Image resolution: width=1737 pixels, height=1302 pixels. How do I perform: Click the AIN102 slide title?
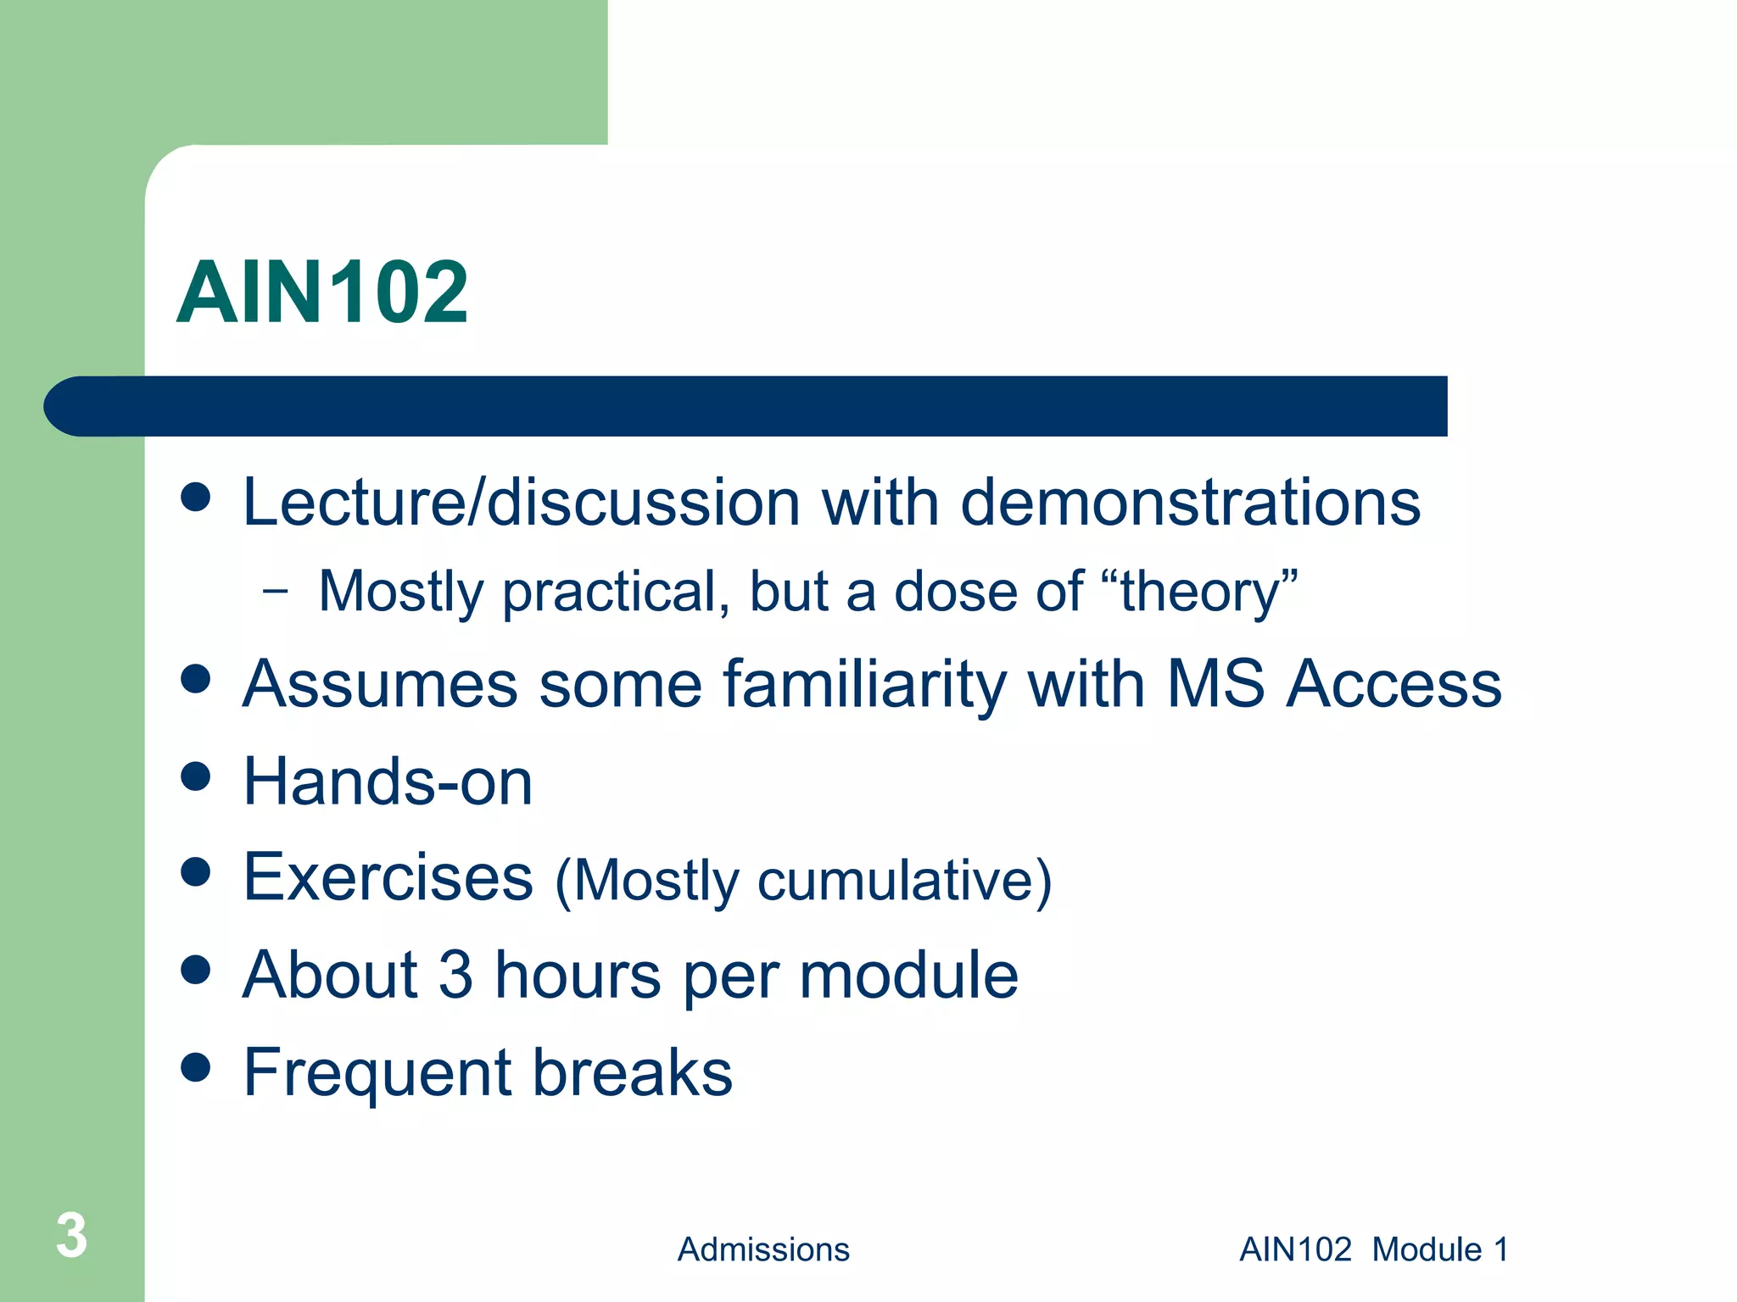(x=322, y=292)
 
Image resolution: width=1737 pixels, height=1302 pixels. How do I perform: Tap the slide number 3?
(x=71, y=1236)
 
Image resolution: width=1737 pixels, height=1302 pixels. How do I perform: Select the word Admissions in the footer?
(x=763, y=1249)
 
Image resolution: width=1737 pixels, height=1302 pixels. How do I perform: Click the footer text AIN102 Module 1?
(x=1374, y=1249)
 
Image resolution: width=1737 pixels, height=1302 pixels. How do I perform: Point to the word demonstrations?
(x=1190, y=502)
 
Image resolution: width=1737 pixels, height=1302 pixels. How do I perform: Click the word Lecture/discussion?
(x=521, y=502)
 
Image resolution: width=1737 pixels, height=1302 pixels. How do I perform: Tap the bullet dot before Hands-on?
(x=196, y=776)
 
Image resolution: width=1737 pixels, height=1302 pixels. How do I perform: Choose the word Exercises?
(x=388, y=877)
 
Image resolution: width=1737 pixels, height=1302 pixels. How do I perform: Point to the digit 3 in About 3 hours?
(x=456, y=975)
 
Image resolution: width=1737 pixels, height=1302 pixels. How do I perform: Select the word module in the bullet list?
(x=908, y=975)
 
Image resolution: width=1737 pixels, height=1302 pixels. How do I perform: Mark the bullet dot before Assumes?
(x=196, y=679)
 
